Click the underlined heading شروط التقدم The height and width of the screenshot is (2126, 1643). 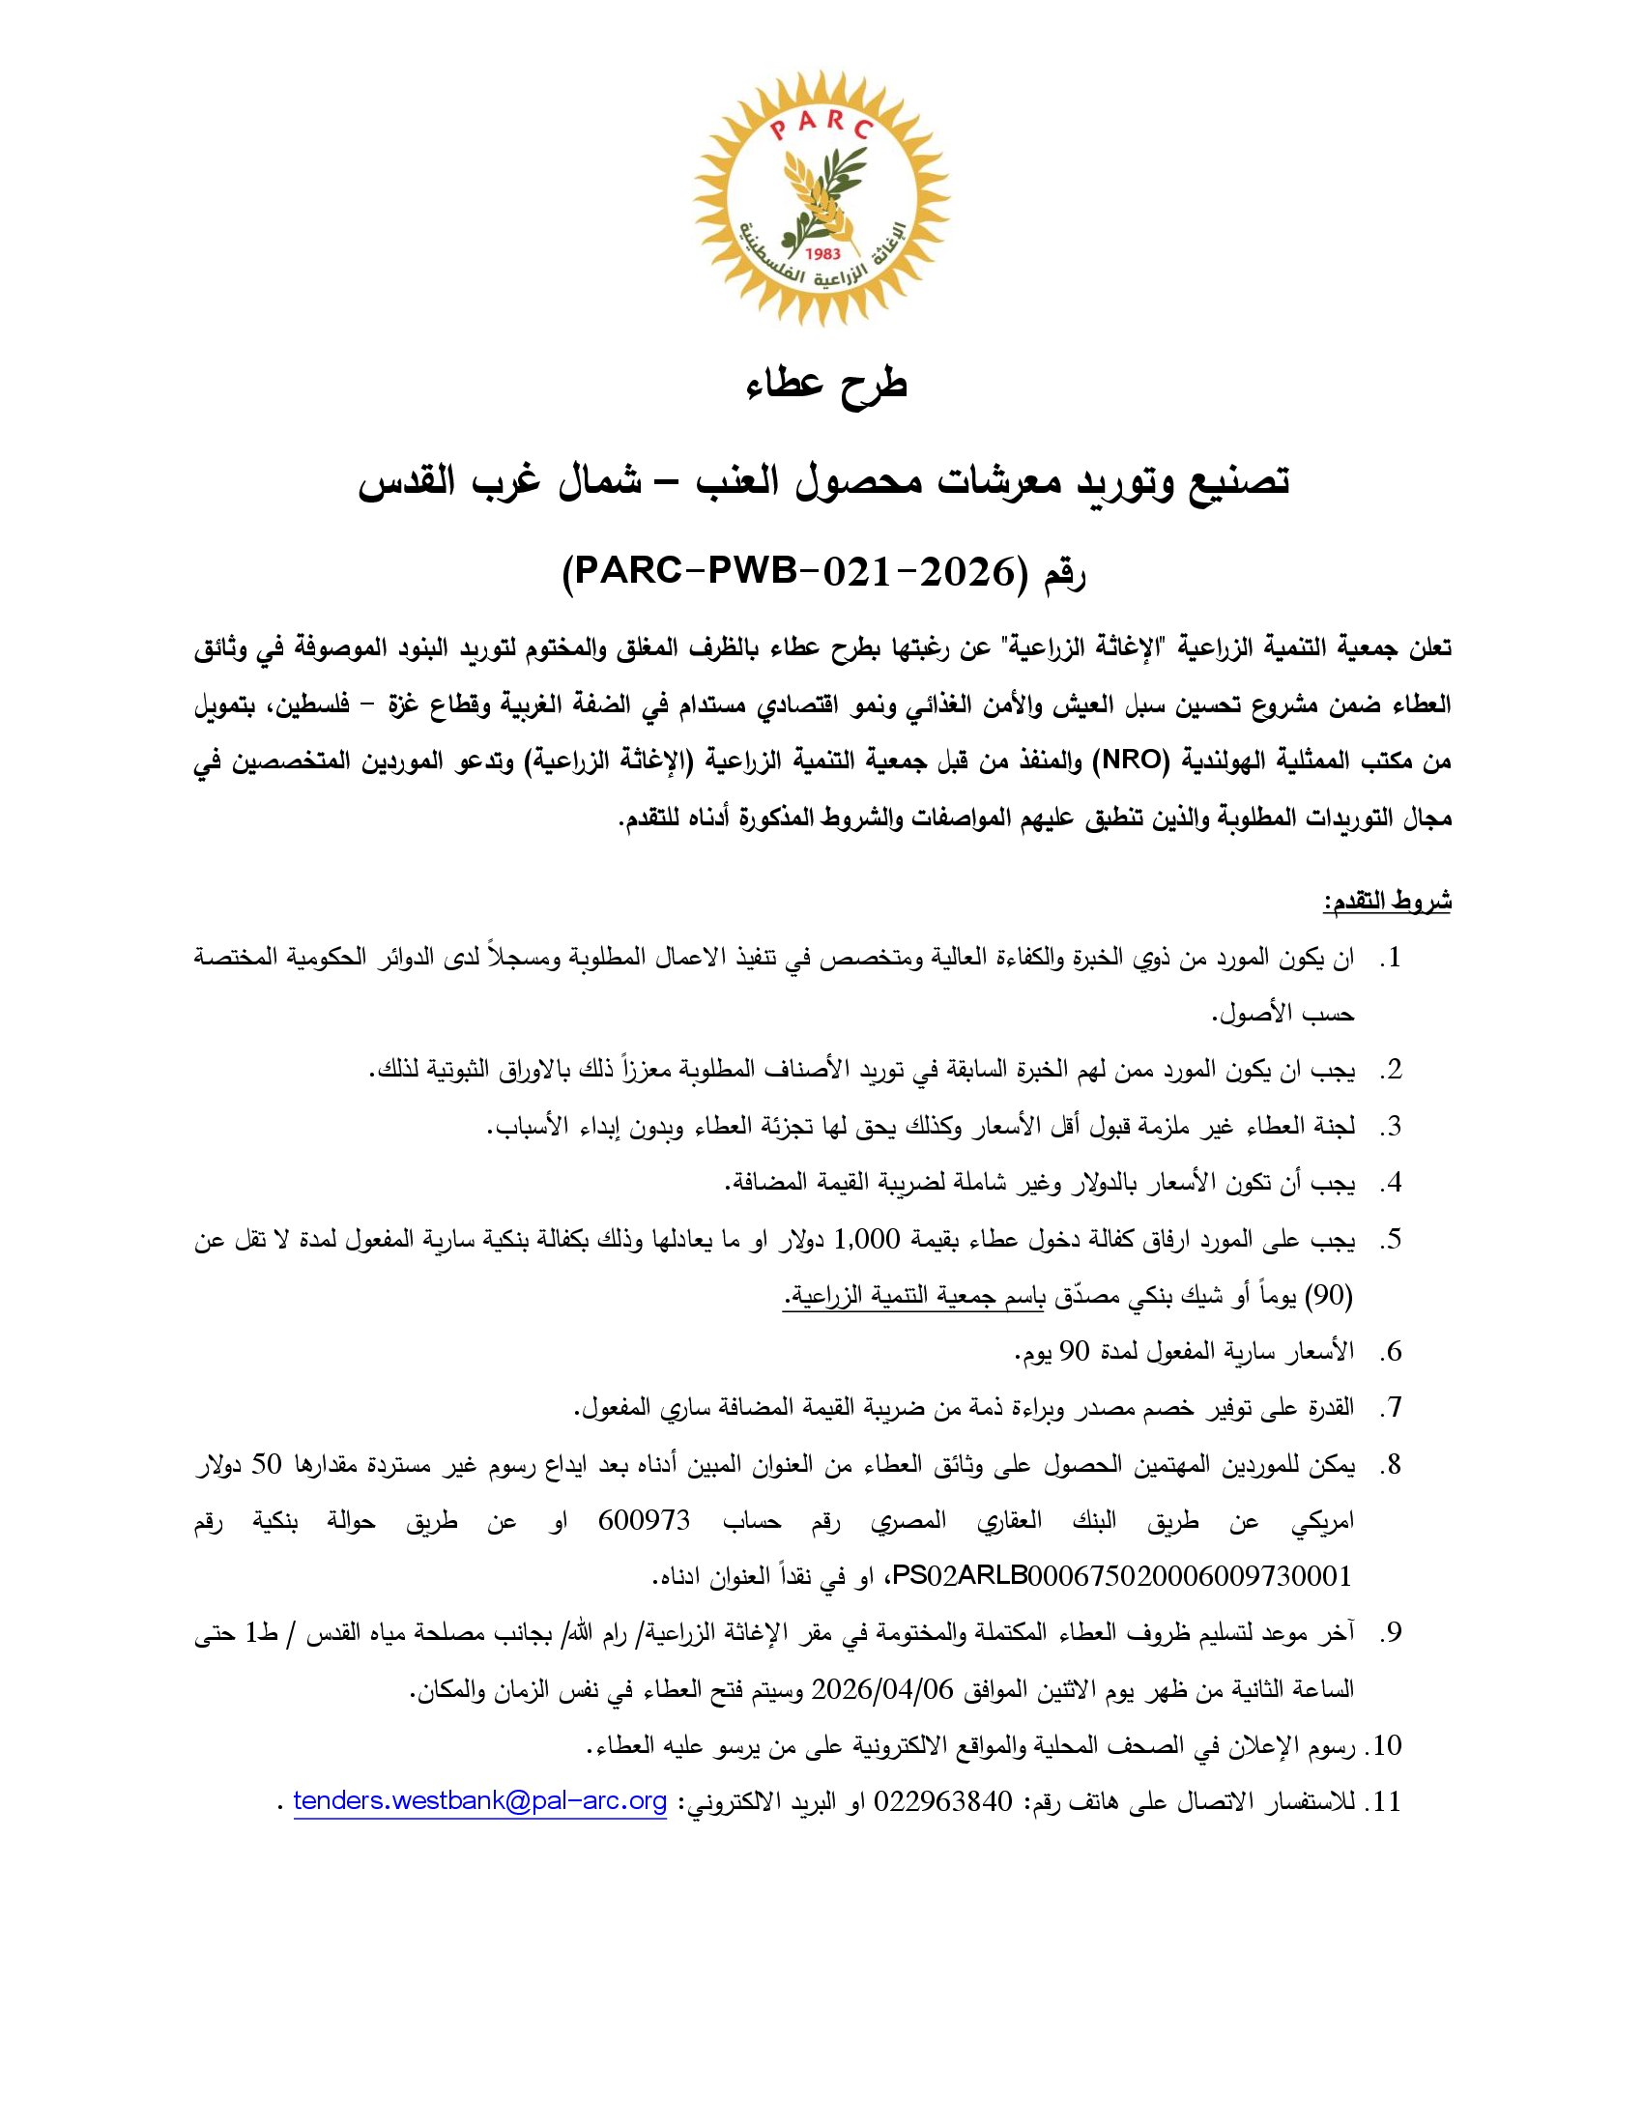click(1386, 902)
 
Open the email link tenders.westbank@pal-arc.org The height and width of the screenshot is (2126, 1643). click(480, 1802)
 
